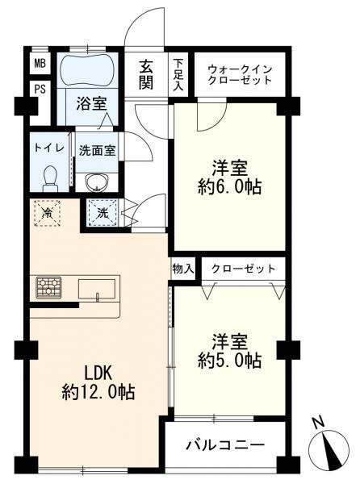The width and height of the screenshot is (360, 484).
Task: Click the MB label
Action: [40, 64]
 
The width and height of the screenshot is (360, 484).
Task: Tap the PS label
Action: [40, 90]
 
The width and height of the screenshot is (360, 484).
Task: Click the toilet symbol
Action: [50, 179]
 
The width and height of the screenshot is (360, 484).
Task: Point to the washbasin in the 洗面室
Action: [97, 182]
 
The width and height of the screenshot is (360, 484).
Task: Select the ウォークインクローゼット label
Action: [240, 74]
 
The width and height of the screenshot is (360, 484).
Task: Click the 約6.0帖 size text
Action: [230, 187]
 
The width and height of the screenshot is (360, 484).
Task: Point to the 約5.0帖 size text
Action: [230, 360]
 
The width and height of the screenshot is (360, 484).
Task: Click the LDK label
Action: [98, 373]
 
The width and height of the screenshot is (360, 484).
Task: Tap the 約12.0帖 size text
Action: [98, 392]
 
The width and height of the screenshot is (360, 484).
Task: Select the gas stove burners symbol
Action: [48, 288]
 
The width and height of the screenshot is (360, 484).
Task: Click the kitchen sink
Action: [97, 290]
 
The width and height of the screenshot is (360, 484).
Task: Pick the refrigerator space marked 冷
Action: [47, 213]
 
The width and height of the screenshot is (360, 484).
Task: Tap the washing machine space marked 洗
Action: [103, 213]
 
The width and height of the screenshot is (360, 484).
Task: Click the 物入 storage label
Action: [183, 269]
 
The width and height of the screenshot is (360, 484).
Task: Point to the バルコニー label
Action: [225, 445]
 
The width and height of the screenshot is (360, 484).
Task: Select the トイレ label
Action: [49, 148]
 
